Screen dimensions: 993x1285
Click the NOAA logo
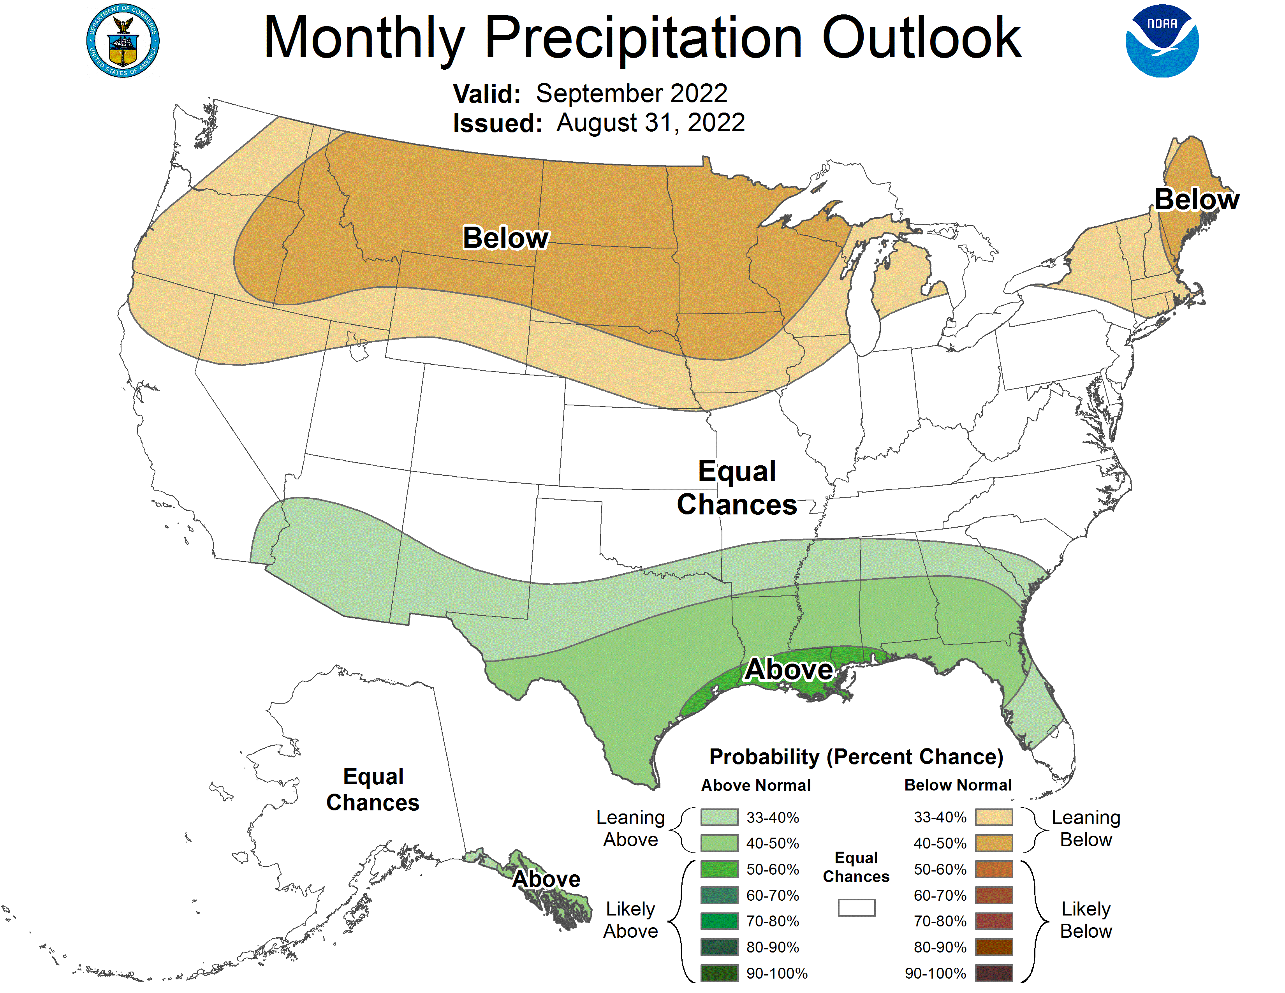tap(1162, 41)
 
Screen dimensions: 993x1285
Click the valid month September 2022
tap(631, 93)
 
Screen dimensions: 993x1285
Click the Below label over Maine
tap(1196, 199)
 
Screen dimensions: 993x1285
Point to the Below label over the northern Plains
tap(505, 238)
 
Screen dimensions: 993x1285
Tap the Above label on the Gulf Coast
tap(789, 669)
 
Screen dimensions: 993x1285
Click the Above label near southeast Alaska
tap(546, 879)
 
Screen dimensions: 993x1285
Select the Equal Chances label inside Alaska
tap(373, 789)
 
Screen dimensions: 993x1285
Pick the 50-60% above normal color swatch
tap(719, 869)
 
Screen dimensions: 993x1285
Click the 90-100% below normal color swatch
tap(994, 973)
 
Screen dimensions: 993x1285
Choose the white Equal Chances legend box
tap(856, 907)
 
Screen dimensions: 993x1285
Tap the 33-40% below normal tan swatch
tap(994, 817)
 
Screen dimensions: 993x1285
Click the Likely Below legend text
tap(1086, 920)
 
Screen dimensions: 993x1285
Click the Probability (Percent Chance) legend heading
tap(856, 757)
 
